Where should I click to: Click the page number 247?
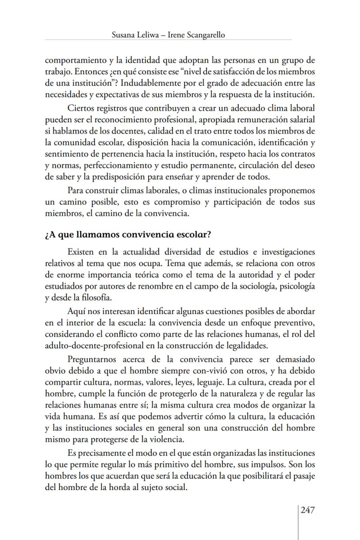(x=307, y=510)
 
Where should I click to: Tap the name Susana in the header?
(x=123, y=35)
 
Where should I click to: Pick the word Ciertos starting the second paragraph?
(x=80, y=107)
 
